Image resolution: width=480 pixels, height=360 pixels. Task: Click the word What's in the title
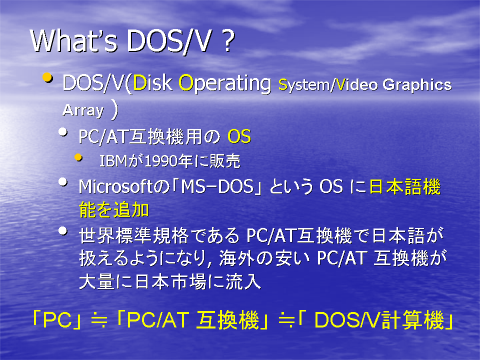[74, 41]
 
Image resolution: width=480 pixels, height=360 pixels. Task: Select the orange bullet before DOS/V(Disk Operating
[47, 77]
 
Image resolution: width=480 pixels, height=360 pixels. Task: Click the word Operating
[225, 84]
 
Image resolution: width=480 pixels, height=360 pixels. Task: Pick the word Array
[83, 111]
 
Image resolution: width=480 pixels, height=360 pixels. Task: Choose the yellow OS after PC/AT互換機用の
[239, 136]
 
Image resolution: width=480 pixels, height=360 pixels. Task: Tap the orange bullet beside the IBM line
[78, 157]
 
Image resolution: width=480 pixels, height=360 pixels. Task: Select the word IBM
[113, 161]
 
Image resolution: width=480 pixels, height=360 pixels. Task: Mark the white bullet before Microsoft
[63, 182]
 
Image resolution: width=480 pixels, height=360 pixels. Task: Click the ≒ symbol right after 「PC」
[99, 320]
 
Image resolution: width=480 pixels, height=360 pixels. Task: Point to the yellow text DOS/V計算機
[379, 320]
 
